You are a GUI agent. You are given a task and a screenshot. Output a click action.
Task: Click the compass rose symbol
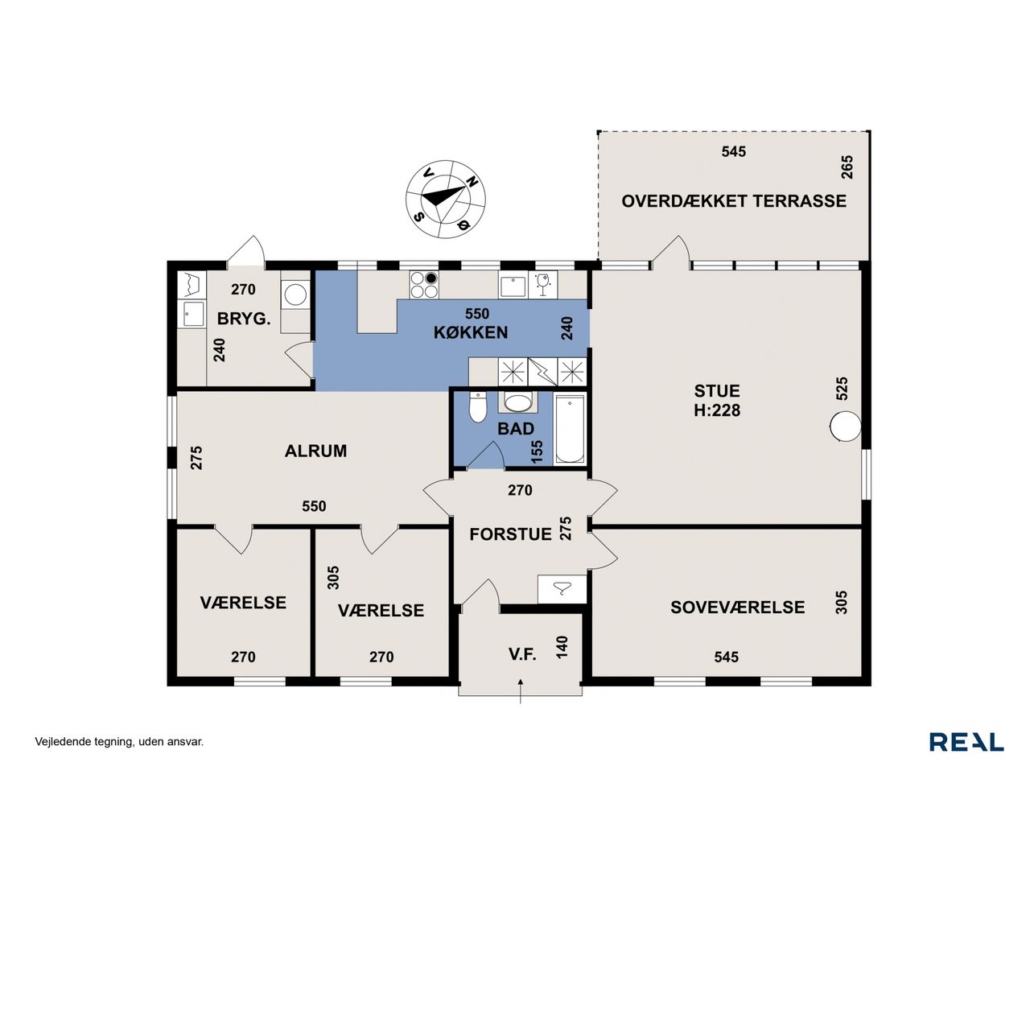click(x=445, y=198)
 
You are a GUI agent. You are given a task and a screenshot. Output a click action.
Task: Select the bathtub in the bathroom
click(x=569, y=429)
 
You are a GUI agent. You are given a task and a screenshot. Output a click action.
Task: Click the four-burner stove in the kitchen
click(x=423, y=284)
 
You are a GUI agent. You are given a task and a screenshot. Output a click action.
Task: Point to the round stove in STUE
click(x=845, y=426)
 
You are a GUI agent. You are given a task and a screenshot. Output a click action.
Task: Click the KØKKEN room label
click(x=471, y=332)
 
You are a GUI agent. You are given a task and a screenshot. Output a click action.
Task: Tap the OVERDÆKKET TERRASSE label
click(x=733, y=201)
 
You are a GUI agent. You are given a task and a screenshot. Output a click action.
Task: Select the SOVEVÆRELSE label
click(x=737, y=608)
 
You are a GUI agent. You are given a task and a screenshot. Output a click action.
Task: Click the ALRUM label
click(x=315, y=451)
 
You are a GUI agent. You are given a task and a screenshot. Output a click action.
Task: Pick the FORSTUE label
click(x=510, y=534)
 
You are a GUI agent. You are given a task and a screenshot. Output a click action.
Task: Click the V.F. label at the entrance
click(x=521, y=653)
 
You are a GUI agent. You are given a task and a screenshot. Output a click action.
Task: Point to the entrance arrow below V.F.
click(x=520, y=691)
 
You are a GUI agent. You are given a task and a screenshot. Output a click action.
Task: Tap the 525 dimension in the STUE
click(x=842, y=389)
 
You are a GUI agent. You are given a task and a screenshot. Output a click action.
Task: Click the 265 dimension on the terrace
click(x=847, y=167)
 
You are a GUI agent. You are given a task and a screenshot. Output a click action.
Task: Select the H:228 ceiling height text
click(x=717, y=410)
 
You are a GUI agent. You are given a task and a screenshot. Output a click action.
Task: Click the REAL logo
click(x=966, y=742)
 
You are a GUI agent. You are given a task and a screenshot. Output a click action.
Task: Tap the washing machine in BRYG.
click(x=295, y=294)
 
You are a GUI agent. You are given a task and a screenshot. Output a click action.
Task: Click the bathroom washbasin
click(x=517, y=402)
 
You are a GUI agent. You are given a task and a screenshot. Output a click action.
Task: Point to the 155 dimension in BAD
click(x=538, y=451)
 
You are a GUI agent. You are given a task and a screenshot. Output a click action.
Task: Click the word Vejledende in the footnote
click(x=58, y=741)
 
